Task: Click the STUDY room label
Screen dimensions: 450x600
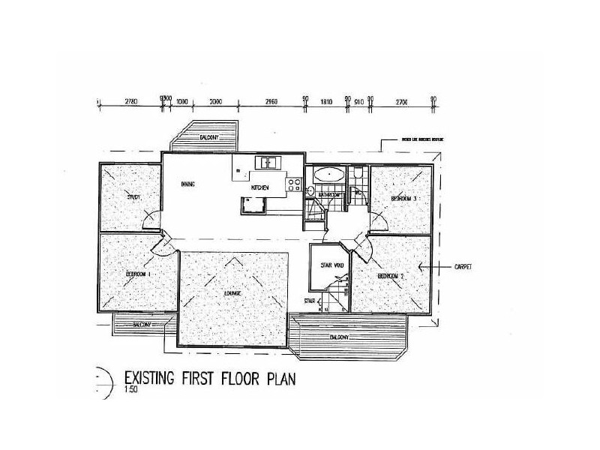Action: (x=133, y=197)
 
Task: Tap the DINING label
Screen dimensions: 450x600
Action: (x=188, y=184)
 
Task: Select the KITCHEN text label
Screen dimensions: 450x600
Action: (x=259, y=187)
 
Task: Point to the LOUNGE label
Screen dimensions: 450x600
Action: (x=230, y=292)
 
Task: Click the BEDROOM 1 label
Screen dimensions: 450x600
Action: (x=139, y=274)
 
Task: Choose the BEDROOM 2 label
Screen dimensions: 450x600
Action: (x=391, y=277)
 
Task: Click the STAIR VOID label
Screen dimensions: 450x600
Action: (x=331, y=265)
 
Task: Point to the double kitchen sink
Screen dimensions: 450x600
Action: (x=267, y=162)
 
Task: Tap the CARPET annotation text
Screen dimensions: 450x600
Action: (x=466, y=266)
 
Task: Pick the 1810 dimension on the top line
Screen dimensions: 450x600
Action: (x=326, y=100)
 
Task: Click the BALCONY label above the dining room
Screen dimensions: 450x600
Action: (x=209, y=139)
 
